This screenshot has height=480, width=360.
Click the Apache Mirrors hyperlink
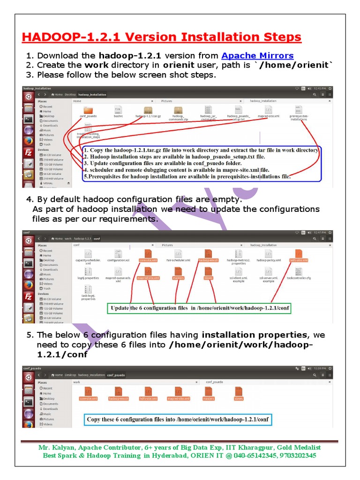257,55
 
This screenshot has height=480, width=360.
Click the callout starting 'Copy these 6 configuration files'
178,419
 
